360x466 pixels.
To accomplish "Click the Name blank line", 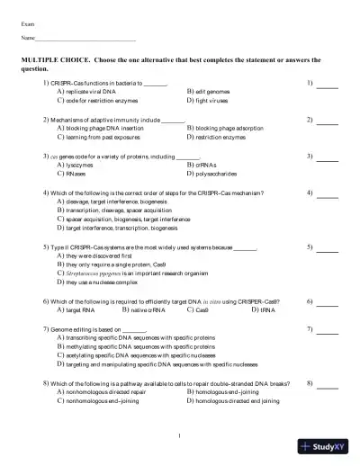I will [x=86, y=40].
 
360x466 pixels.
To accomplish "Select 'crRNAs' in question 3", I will [x=206, y=166].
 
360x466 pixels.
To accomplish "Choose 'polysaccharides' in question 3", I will [x=216, y=175].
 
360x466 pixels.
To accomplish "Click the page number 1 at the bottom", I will [x=180, y=436].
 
